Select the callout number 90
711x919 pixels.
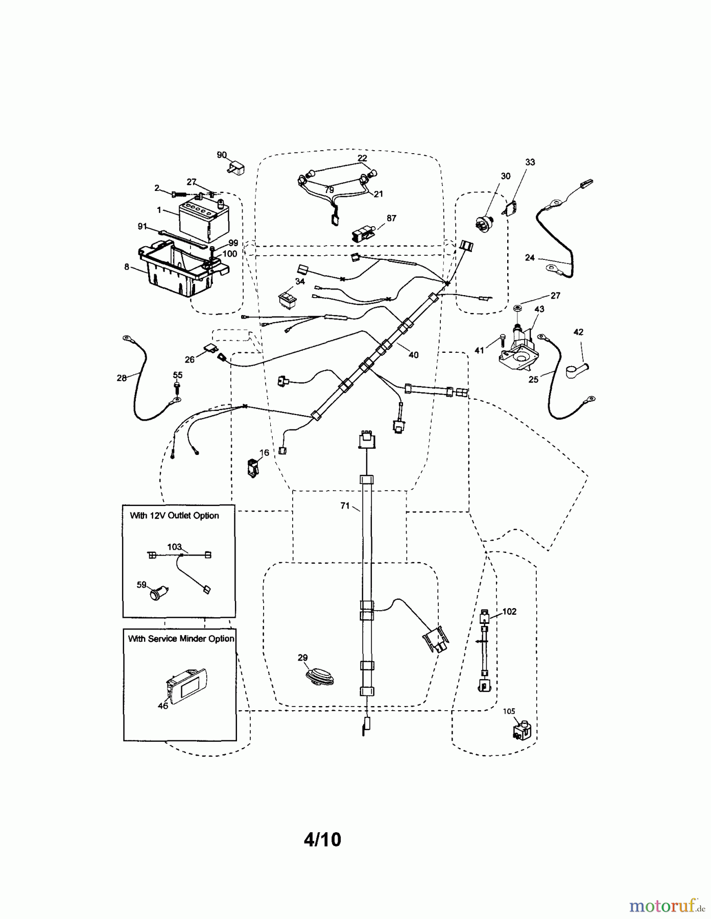coord(222,155)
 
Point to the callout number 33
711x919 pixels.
coord(530,162)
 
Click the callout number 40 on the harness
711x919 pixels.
coord(413,355)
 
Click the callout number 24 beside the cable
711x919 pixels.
coord(530,258)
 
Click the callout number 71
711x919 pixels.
coord(345,505)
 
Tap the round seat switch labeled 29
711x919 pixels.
coord(319,675)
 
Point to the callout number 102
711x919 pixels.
coord(509,611)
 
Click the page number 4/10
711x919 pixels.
coord(322,840)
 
